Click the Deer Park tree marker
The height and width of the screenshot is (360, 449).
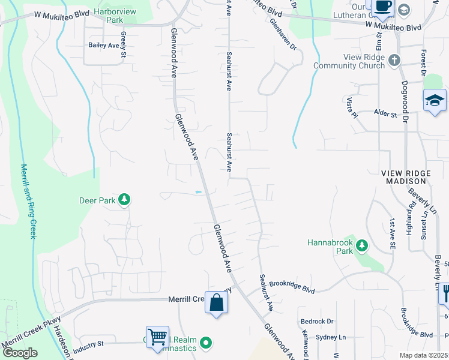coord(124,199)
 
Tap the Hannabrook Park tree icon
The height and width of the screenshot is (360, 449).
coord(362,245)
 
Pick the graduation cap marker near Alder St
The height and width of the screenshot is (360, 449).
coord(435,101)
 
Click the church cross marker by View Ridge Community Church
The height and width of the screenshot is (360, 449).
coord(394,60)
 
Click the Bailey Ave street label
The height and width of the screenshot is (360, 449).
coord(103,45)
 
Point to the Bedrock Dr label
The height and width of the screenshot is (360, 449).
coord(317,322)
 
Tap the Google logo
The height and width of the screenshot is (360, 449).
coord(20,353)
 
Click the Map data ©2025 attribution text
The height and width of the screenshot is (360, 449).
coord(423,355)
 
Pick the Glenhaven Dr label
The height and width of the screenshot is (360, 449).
coord(284,35)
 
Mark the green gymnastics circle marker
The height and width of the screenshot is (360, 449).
coord(206,344)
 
